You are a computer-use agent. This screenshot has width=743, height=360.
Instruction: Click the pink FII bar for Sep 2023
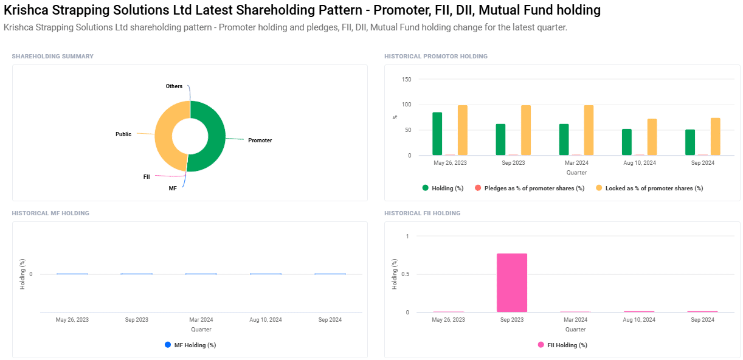point(511,283)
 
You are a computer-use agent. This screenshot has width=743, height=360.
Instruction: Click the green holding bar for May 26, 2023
point(437,134)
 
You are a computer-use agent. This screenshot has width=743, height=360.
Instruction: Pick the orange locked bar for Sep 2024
point(715,137)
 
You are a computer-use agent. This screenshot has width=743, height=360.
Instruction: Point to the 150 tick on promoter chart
point(406,80)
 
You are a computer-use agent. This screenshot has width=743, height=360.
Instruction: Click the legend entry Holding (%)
point(443,189)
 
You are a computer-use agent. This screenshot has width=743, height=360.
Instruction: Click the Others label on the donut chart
point(174,86)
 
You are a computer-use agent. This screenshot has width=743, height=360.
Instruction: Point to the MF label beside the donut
point(173,189)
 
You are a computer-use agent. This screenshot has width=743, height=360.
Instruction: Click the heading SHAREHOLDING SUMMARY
point(53,57)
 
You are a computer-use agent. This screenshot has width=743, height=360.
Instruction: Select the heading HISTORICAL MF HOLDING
point(50,213)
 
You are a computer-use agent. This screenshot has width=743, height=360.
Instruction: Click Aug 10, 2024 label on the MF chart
point(266,320)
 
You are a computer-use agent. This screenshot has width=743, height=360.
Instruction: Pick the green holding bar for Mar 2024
point(564,140)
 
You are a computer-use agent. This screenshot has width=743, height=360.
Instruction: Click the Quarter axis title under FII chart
point(575,329)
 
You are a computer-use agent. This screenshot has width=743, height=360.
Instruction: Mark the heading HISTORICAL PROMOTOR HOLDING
point(435,57)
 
